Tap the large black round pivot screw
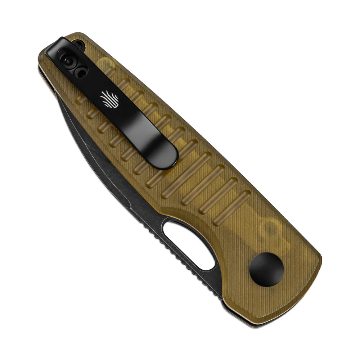click(x=266, y=269)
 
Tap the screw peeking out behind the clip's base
click(x=78, y=45)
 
